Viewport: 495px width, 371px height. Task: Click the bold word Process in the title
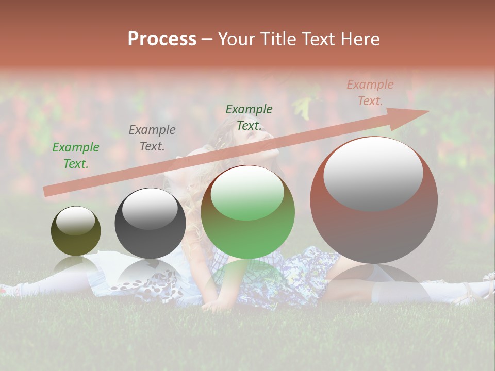coord(162,39)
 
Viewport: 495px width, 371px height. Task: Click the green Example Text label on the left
coord(76,156)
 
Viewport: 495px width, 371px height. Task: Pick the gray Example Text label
coord(152,138)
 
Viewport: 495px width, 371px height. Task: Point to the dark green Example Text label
coord(249,117)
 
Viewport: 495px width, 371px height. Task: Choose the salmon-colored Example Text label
coord(370,93)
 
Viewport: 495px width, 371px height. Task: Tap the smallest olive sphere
coord(76,237)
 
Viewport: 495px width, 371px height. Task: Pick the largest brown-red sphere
coord(374,227)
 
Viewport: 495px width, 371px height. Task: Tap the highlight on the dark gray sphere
coord(150,209)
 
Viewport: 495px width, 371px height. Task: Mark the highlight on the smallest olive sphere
coord(76,221)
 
